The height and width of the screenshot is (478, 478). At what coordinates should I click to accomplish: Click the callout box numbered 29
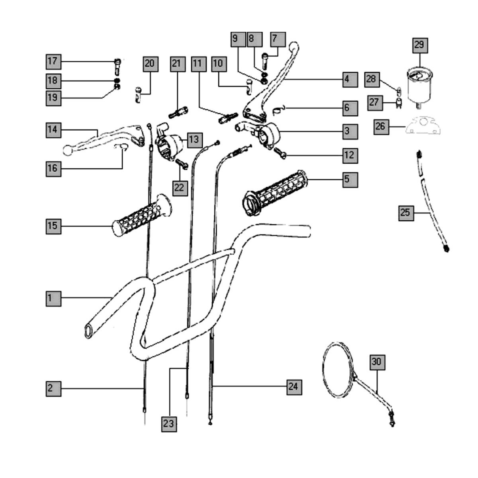click(x=419, y=45)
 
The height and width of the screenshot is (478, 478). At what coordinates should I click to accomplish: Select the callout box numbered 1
click(x=53, y=298)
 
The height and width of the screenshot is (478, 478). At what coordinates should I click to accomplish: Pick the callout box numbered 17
click(x=53, y=61)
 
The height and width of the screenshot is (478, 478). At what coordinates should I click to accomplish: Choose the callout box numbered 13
click(x=194, y=139)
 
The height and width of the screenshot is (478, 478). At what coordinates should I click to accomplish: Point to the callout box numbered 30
click(x=377, y=362)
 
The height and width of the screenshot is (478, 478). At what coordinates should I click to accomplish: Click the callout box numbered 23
click(x=169, y=424)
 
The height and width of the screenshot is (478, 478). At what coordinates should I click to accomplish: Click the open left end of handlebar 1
click(x=88, y=331)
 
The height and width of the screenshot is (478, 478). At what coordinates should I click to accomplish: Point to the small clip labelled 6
click(x=279, y=108)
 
